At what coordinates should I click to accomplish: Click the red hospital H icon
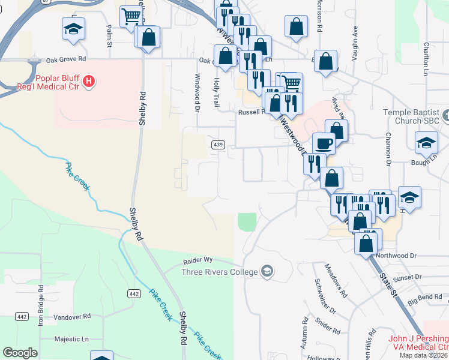(x=89, y=81)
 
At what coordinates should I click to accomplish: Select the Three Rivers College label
(x=220, y=272)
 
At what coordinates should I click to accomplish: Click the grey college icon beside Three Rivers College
(x=267, y=272)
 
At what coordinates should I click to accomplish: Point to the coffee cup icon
(x=324, y=144)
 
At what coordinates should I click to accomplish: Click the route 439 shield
(x=218, y=145)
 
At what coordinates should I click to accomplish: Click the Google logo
(x=20, y=353)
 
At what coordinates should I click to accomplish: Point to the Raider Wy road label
(x=198, y=260)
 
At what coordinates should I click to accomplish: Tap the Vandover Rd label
(x=72, y=316)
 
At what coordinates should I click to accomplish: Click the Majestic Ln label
(x=72, y=339)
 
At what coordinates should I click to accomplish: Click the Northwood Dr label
(x=396, y=256)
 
